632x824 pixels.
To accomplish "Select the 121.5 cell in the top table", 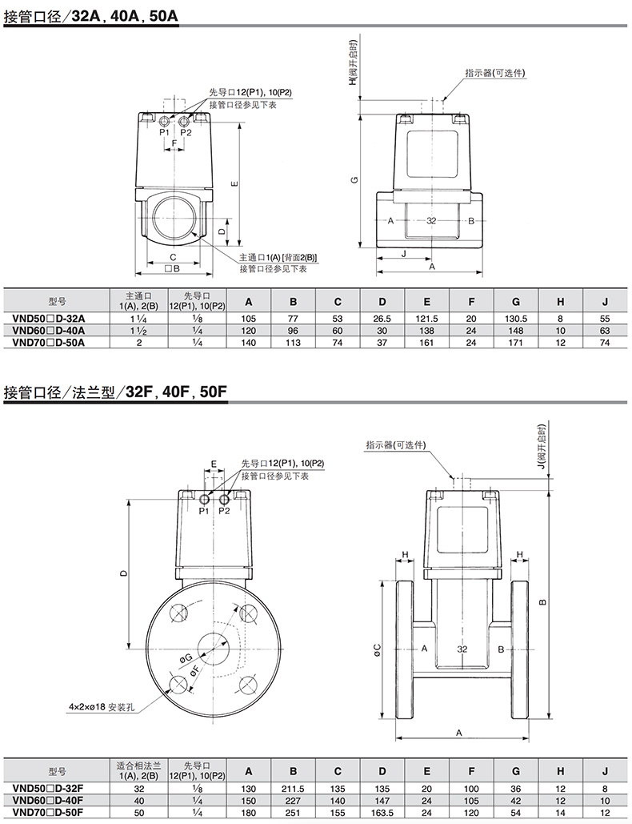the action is (426, 319).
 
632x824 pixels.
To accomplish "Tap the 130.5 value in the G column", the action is (516, 319).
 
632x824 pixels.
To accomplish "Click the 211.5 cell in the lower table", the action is (293, 789).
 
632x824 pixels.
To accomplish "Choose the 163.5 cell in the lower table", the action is (382, 813).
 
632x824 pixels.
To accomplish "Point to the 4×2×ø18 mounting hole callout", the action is (100, 707).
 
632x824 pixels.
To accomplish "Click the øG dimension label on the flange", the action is (186, 659).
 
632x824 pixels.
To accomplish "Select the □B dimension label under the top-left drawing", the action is (173, 268).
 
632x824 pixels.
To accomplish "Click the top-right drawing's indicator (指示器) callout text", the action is (495, 73).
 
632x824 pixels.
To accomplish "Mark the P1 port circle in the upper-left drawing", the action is (164, 122).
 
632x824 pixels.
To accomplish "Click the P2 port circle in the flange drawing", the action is (224, 499).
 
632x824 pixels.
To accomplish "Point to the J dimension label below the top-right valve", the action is (403, 253).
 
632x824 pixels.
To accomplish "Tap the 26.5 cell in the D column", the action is (382, 319).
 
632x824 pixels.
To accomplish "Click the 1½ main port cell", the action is (138, 331).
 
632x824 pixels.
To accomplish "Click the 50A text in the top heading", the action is (164, 16).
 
